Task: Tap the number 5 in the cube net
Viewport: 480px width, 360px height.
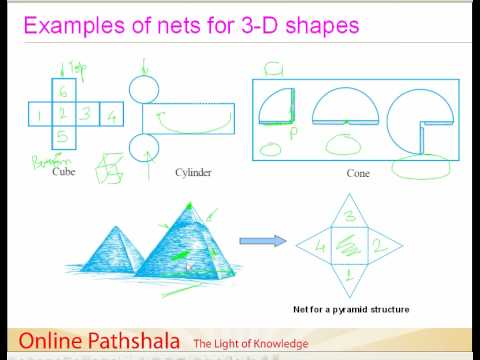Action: coord(62,135)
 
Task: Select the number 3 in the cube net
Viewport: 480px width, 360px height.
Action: coord(86,113)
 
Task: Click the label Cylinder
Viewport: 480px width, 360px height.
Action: coord(165,172)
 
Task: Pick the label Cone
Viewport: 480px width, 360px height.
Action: coord(358,172)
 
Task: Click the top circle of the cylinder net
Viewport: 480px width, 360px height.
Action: coord(145,89)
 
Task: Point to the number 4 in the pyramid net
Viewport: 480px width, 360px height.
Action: coord(322,243)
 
